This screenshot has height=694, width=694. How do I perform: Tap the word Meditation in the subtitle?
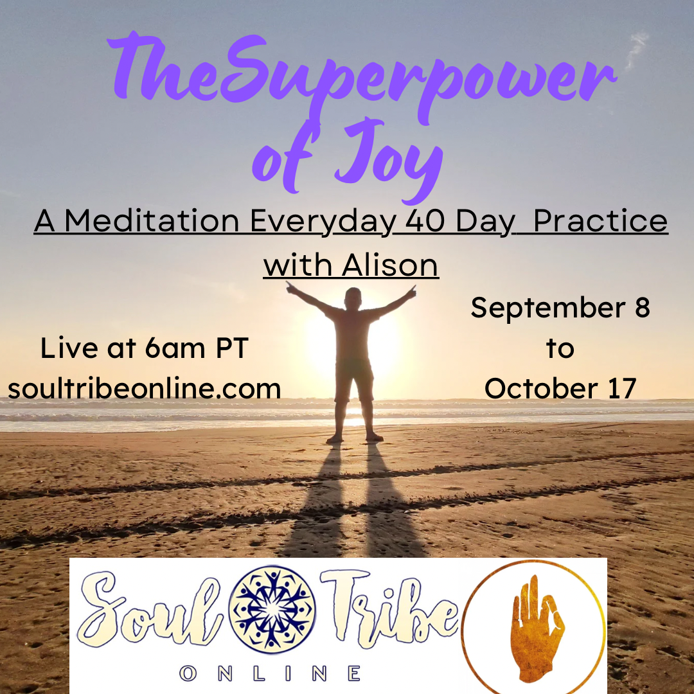(152, 220)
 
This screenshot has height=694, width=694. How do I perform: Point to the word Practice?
(601, 220)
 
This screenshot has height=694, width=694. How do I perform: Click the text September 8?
(560, 308)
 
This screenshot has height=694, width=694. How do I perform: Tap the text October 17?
(560, 389)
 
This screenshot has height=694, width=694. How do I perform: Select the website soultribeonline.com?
(145, 389)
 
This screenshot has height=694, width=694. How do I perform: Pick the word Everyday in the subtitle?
(323, 221)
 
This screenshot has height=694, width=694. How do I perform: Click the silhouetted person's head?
(353, 297)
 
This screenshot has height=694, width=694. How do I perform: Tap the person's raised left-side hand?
(290, 288)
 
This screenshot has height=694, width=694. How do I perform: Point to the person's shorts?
(353, 380)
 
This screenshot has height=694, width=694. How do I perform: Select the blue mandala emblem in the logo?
(272, 609)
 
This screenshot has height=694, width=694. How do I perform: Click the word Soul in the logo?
(150, 609)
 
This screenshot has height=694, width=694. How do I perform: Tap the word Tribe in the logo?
(389, 609)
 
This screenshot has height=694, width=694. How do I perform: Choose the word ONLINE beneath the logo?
(269, 673)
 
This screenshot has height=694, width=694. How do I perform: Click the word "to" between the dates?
(560, 348)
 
